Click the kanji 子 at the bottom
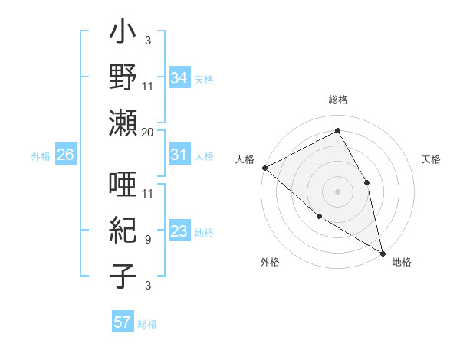click(123, 276)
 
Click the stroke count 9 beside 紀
click(147, 239)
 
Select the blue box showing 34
click(179, 77)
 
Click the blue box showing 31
click(179, 155)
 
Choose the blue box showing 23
click(179, 231)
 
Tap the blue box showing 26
click(65, 155)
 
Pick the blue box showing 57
click(123, 322)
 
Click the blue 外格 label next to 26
click(41, 155)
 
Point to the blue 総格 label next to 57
click(147, 323)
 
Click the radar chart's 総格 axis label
click(338, 100)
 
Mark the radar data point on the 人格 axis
click(264, 168)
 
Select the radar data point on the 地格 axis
click(383, 252)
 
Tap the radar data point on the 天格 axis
click(367, 182)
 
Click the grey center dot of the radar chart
click(337, 191)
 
